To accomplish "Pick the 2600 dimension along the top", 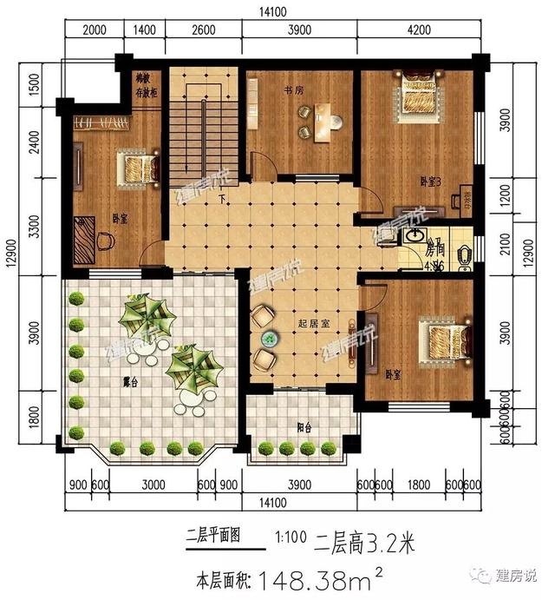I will tap(202, 30).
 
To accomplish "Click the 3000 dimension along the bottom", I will tap(153, 485).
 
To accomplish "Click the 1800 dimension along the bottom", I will tap(416, 485).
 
